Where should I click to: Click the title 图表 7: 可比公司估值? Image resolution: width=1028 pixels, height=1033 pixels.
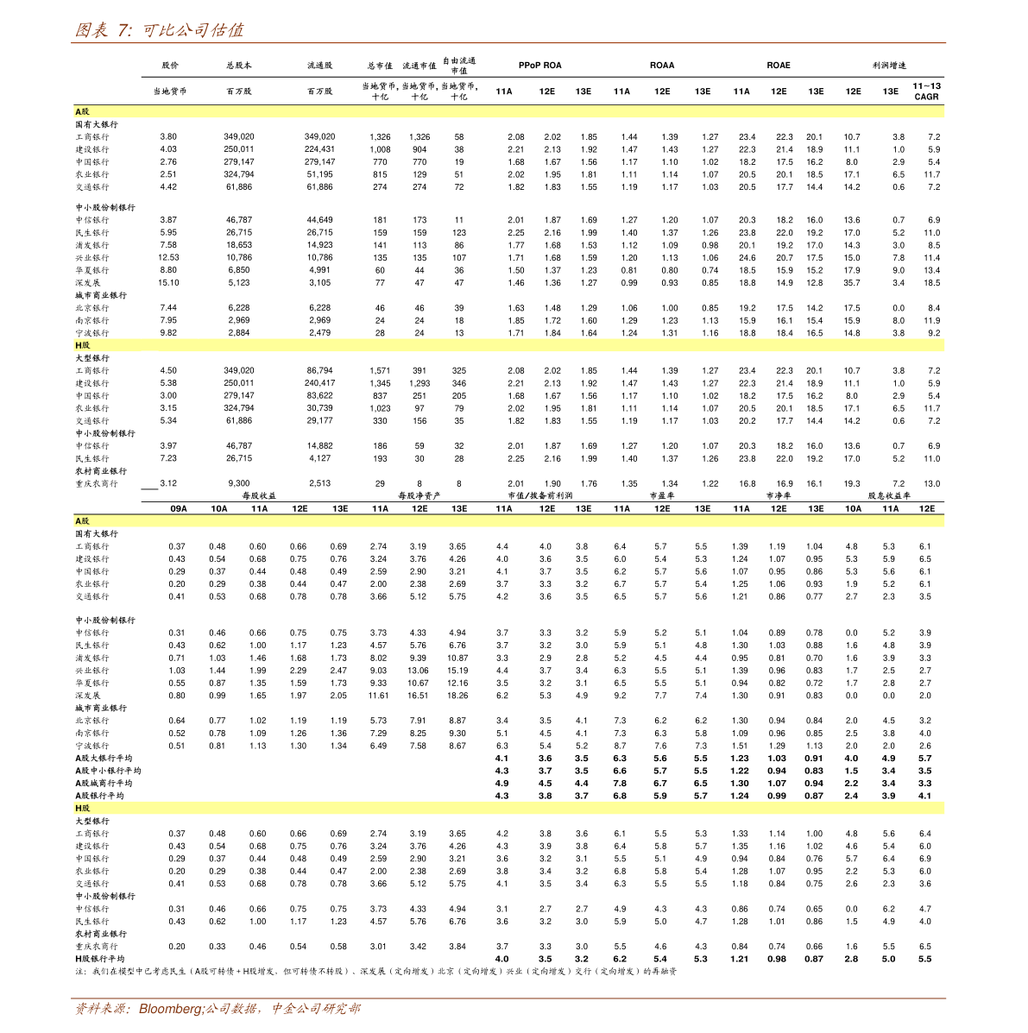pyautogui.click(x=160, y=30)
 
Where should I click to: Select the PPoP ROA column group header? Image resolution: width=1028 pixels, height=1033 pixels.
pyautogui.click(x=539, y=66)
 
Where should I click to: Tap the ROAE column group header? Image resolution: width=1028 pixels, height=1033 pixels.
pyautogui.click(x=778, y=66)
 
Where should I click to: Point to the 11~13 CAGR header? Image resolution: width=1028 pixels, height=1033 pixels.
pyautogui.click(x=926, y=91)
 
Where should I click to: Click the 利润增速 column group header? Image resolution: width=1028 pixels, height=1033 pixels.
pyautogui.click(x=889, y=66)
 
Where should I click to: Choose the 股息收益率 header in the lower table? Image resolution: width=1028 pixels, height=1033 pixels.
pyautogui.click(x=889, y=496)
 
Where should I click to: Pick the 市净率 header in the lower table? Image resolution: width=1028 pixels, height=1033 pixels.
pyautogui.click(x=779, y=496)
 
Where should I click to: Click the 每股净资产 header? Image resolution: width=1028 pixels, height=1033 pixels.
pyautogui.click(x=419, y=496)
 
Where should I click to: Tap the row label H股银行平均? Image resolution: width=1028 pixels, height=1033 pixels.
pyautogui.click(x=99, y=959)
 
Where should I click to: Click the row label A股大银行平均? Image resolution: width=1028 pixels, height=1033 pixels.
pyautogui.click(x=104, y=759)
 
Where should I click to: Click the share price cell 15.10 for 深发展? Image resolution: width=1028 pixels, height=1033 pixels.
pyautogui.click(x=168, y=283)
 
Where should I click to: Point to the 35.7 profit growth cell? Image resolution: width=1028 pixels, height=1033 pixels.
pyautogui.click(x=852, y=283)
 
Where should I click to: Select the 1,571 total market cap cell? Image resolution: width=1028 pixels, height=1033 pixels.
pyautogui.click(x=380, y=371)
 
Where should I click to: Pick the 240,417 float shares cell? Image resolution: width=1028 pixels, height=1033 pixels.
pyautogui.click(x=319, y=383)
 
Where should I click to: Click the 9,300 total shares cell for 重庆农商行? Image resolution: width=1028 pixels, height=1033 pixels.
pyautogui.click(x=239, y=484)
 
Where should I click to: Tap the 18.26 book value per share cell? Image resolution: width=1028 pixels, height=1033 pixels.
pyautogui.click(x=457, y=696)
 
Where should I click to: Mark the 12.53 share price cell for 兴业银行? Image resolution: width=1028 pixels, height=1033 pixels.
pyautogui.click(x=168, y=258)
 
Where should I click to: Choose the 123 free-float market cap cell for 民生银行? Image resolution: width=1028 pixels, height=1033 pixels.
pyautogui.click(x=458, y=233)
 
